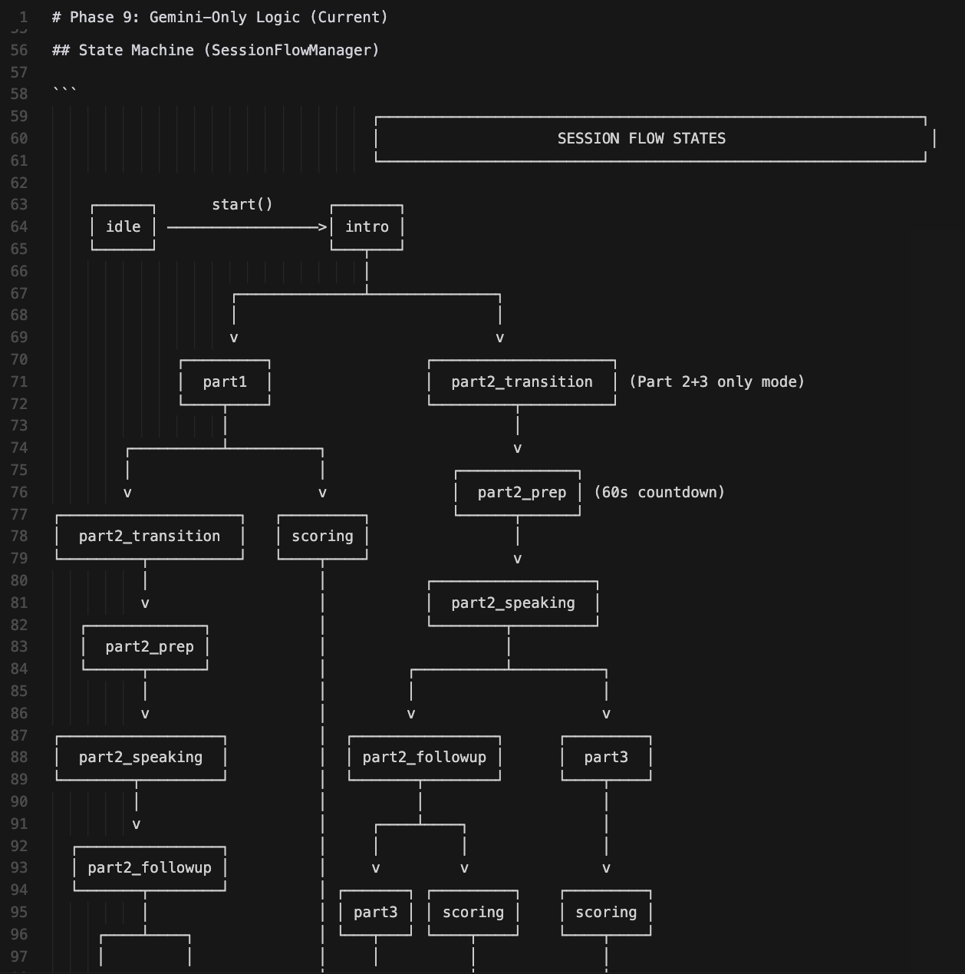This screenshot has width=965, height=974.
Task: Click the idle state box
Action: click(123, 227)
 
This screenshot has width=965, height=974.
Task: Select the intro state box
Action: click(367, 227)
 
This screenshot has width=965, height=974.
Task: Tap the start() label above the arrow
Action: click(242, 204)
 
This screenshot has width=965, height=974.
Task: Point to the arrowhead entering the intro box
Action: click(323, 227)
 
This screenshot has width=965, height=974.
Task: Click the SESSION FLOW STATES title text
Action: click(641, 139)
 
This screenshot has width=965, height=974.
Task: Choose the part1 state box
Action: click(225, 382)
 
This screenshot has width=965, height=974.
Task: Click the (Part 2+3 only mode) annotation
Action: click(716, 382)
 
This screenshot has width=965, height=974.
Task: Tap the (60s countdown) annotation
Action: click(660, 493)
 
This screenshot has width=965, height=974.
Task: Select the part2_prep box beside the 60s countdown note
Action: click(522, 493)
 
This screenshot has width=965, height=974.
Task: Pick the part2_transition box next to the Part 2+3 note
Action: click(522, 382)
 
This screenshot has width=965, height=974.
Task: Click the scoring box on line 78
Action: click(322, 537)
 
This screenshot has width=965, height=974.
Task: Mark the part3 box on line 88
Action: click(606, 758)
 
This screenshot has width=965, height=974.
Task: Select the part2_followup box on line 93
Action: click(150, 868)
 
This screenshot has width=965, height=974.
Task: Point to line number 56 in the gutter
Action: click(19, 51)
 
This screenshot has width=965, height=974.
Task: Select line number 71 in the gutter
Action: click(19, 382)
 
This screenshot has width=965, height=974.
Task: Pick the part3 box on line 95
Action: click(376, 913)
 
